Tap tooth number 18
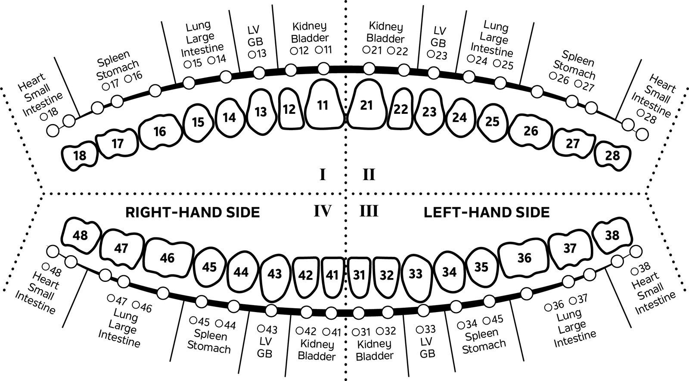pyautogui.click(x=80, y=156)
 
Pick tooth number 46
pyautogui.click(x=167, y=258)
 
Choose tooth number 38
pyautogui.click(x=612, y=235)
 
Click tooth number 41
pyautogui.click(x=332, y=275)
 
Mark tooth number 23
pyautogui.click(x=429, y=112)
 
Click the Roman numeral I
pyautogui.click(x=322, y=175)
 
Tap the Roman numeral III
pyautogui.click(x=369, y=211)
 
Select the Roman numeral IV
pyautogui.click(x=322, y=211)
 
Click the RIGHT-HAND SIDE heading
pyautogui.click(x=192, y=212)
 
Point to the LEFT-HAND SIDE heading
pyautogui.click(x=487, y=212)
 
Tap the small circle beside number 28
pyautogui.click(x=640, y=113)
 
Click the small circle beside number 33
pyautogui.click(x=420, y=329)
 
